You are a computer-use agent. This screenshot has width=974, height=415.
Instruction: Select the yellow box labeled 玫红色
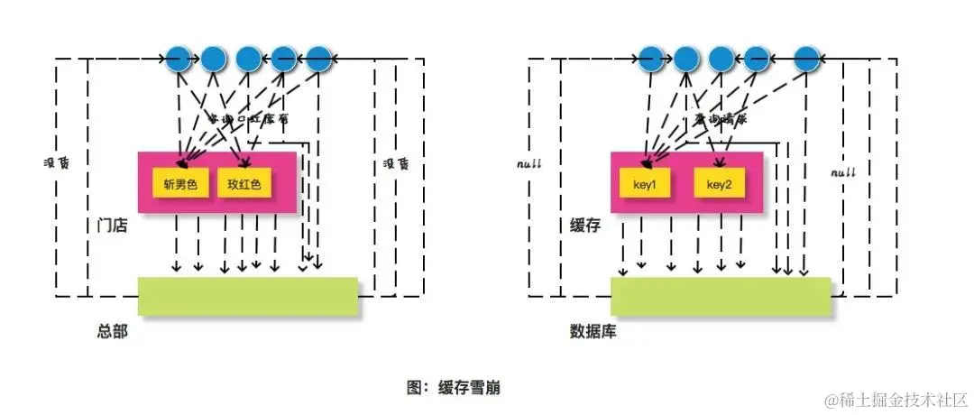244,184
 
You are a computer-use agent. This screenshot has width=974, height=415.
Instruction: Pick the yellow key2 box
719,184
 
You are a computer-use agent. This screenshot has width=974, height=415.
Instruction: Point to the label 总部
112,331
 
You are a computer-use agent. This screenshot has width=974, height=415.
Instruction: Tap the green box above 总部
248,297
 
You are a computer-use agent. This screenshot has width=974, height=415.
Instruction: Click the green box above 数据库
721,297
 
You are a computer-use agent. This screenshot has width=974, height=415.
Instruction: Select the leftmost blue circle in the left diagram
179,60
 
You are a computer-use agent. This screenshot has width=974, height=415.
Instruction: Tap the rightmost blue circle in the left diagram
319,60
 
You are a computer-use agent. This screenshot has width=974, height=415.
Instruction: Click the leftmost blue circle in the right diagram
652,60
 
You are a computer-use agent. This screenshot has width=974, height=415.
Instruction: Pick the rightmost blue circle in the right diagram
806,60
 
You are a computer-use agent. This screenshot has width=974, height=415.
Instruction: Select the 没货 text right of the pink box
396,164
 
